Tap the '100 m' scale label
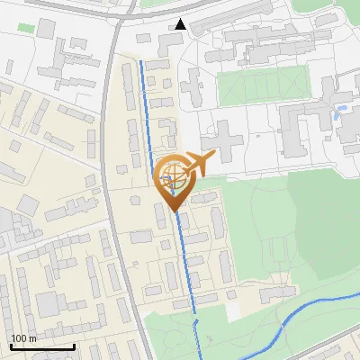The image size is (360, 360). tap(24, 338)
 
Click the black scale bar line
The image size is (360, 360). tap(42, 346)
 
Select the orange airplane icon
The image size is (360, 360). tap(198, 164)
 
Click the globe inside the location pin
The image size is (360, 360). tap(172, 176)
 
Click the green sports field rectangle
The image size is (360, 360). tap(261, 87)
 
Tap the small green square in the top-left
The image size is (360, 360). tap(24, 28)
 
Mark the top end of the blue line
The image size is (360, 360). tap(141, 61)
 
